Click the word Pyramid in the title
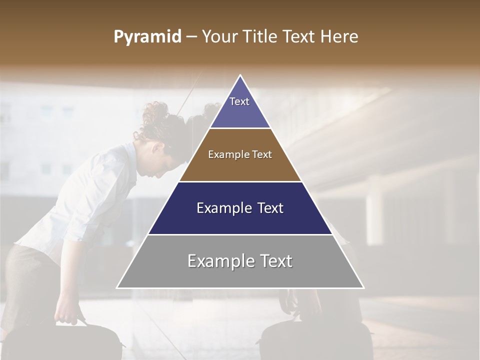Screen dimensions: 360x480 point(147,37)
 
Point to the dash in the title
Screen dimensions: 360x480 point(191,37)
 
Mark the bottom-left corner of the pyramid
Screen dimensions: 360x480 point(117,287)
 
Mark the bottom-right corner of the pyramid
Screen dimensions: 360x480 point(363,287)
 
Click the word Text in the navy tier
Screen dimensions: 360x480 point(270,208)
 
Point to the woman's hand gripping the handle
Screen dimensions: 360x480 point(66,317)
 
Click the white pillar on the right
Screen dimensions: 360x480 point(374,210)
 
